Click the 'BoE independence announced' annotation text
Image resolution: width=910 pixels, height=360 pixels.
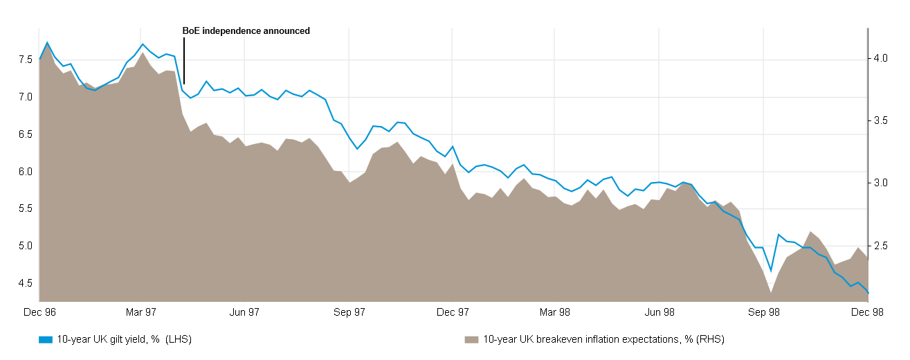click(x=246, y=30)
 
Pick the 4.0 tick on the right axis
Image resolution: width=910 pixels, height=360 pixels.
click(x=881, y=58)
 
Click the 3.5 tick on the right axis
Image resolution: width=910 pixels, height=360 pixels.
click(x=881, y=120)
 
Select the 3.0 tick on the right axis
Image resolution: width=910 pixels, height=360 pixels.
click(x=881, y=183)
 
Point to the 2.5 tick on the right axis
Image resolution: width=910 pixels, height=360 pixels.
click(x=881, y=246)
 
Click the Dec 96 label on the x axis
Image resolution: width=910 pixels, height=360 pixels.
click(x=39, y=312)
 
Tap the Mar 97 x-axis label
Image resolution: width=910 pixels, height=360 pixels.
click(x=142, y=312)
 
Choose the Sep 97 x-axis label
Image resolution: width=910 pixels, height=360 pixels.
click(x=349, y=312)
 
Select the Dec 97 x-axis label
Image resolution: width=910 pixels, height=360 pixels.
click(x=453, y=312)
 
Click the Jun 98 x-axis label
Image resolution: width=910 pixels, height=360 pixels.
click(x=660, y=312)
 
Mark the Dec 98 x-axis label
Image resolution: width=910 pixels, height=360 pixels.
click(x=867, y=312)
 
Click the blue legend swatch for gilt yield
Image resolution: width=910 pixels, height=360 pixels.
click(x=46, y=340)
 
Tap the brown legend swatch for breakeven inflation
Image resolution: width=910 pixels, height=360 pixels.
click(x=471, y=340)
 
